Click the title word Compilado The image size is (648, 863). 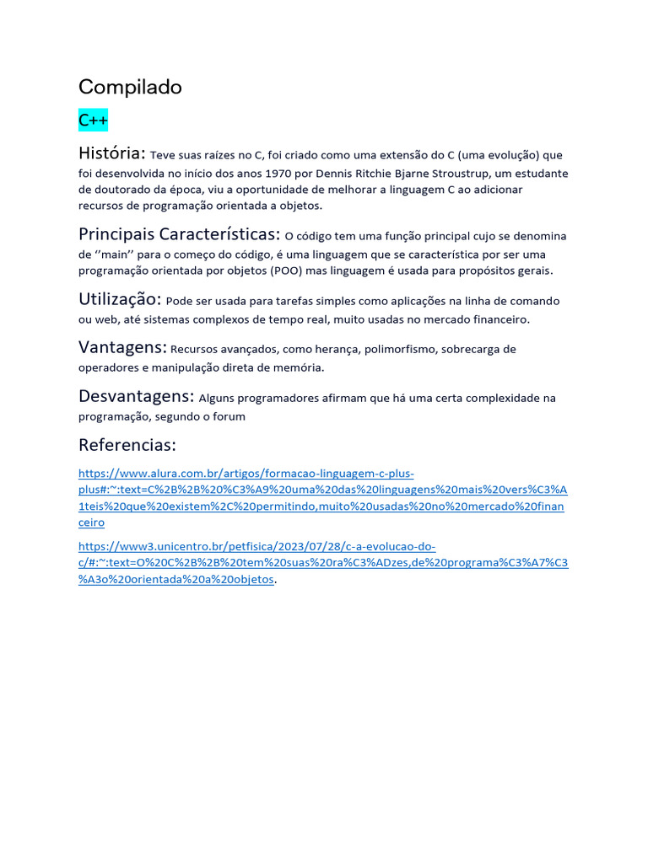click(x=130, y=87)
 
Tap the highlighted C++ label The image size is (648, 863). click(x=93, y=121)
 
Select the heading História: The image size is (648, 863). click(x=112, y=153)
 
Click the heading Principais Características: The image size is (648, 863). click(x=179, y=233)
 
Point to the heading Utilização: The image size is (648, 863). click(x=120, y=299)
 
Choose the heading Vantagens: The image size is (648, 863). click(x=121, y=347)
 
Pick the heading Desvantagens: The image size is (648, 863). click(x=137, y=396)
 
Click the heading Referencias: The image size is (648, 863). click(x=127, y=445)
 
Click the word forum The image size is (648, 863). click(x=229, y=416)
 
